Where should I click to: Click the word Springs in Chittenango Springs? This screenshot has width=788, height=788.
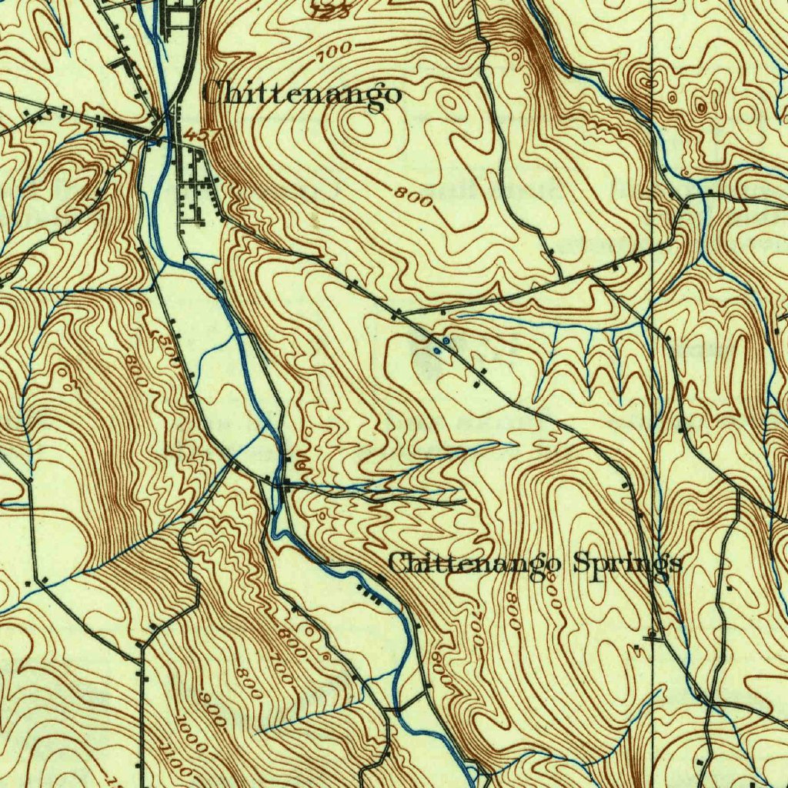(x=627, y=564)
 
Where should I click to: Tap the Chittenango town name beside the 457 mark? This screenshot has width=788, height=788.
(x=302, y=94)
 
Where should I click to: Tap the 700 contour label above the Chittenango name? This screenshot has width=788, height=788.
(x=336, y=51)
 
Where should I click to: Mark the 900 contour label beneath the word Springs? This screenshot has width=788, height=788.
(x=552, y=593)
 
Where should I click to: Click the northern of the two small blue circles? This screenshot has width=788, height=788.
(x=446, y=340)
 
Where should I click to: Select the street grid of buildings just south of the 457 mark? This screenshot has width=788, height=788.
(x=192, y=192)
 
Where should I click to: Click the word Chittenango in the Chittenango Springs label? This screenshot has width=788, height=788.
(x=473, y=564)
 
